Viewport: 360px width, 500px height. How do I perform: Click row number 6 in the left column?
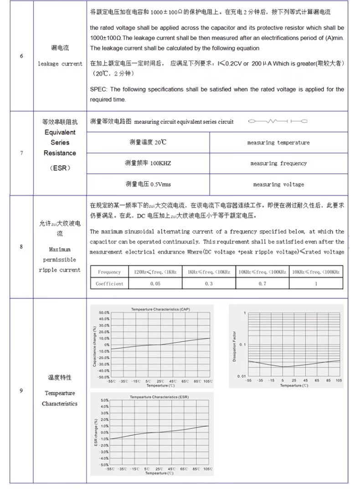pyautogui.click(x=21, y=56)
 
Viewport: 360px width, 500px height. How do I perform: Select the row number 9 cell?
pyautogui.click(x=21, y=390)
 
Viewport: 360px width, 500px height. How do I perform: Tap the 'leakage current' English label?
pyautogui.click(x=60, y=64)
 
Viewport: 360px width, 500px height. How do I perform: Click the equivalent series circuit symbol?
pyautogui.click(x=278, y=121)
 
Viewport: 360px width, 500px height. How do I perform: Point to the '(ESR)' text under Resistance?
pyautogui.click(x=60, y=168)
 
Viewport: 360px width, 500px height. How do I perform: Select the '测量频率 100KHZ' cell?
pyautogui.click(x=148, y=163)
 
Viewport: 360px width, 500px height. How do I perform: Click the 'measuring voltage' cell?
pyautogui.click(x=278, y=184)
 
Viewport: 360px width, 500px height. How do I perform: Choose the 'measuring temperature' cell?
pyautogui.click(x=278, y=143)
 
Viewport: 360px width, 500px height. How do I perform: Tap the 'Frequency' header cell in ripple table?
pyautogui.click(x=109, y=272)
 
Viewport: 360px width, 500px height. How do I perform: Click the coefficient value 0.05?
pyautogui.click(x=155, y=284)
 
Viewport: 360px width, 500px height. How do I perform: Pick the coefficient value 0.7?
pyautogui.click(x=262, y=284)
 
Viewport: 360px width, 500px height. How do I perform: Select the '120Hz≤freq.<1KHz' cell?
pyautogui.click(x=155, y=272)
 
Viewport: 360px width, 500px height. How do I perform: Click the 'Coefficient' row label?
pyautogui.click(x=109, y=284)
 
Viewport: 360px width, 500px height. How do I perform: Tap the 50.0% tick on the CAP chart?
pyautogui.click(x=103, y=313)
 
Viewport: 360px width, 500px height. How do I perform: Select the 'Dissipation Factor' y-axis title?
pyautogui.click(x=235, y=346)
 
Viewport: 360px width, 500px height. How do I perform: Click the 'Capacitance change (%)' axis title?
pyautogui.click(x=95, y=346)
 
